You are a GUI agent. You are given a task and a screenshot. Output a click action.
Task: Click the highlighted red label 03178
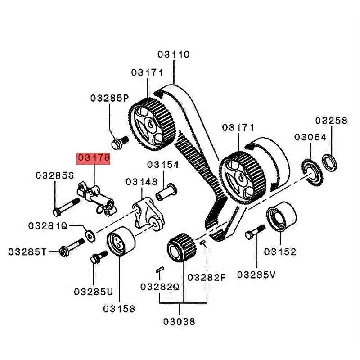(94, 158)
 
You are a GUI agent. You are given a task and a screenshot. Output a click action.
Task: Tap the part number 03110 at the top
(174, 54)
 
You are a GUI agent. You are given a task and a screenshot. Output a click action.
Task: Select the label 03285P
(109, 98)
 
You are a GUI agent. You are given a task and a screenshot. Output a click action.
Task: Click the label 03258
(331, 120)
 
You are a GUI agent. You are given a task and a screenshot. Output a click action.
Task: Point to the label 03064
(310, 137)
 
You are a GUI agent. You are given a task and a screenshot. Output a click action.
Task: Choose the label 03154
(164, 165)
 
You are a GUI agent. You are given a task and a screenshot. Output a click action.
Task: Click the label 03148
(142, 182)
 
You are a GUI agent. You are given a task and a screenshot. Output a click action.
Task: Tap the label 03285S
(54, 175)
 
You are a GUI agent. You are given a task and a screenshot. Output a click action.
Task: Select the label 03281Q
(48, 225)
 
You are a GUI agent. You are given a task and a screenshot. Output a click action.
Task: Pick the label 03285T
(27, 252)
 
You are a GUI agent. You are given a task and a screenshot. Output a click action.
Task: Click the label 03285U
(94, 292)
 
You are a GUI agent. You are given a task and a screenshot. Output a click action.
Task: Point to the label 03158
(119, 309)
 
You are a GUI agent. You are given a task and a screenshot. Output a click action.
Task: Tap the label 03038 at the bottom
(180, 321)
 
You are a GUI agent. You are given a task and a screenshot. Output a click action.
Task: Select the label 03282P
(206, 277)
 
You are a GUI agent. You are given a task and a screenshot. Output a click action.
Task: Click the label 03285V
(256, 274)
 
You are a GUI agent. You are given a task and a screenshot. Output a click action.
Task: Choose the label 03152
(280, 252)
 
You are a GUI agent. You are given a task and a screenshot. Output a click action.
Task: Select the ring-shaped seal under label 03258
(329, 162)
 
